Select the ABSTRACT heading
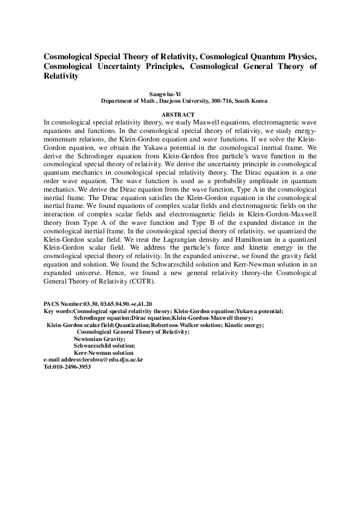(178, 115)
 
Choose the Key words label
(58, 311)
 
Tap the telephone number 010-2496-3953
(72, 367)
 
